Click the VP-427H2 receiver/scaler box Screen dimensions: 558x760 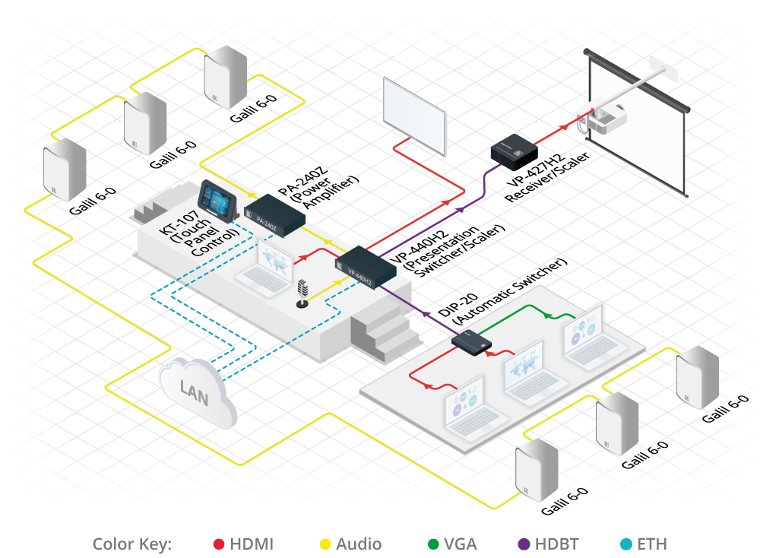pos(515,150)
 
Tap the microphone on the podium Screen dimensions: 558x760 pos(302,293)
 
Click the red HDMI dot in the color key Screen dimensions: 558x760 pos(218,544)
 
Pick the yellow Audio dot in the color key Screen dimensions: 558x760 pos(325,544)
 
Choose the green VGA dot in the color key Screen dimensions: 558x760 pos(433,544)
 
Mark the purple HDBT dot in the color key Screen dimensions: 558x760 pos(524,544)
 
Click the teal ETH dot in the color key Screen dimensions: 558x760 pos(625,544)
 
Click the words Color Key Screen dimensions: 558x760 pos(132,544)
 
